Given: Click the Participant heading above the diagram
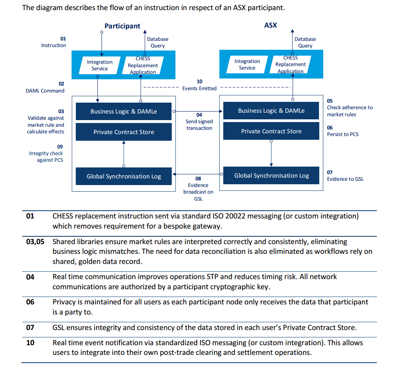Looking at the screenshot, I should click(x=122, y=26).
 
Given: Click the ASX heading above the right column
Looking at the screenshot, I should click(x=270, y=25).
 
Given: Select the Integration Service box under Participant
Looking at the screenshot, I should click(x=100, y=65).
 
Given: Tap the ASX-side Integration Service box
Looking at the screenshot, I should click(x=247, y=65).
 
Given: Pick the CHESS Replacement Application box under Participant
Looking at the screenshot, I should click(x=143, y=65).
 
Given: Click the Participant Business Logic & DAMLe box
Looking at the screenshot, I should click(x=124, y=112).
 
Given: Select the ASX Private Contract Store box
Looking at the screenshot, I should click(x=271, y=131).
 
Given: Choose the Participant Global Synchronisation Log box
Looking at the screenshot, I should click(x=124, y=176).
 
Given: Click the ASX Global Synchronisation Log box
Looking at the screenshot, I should click(x=271, y=176).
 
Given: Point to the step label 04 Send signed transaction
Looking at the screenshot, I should click(x=199, y=121).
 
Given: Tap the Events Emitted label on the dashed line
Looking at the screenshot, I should click(x=199, y=88).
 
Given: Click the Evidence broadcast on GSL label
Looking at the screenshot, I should click(x=198, y=189).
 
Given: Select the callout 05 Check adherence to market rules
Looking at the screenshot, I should click(x=349, y=108).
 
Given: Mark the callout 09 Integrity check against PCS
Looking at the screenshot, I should click(x=46, y=153).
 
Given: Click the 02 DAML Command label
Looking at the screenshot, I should click(x=45, y=87).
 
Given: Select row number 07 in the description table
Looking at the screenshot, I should click(x=30, y=327).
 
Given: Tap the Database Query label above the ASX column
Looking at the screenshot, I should click(x=305, y=42).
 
